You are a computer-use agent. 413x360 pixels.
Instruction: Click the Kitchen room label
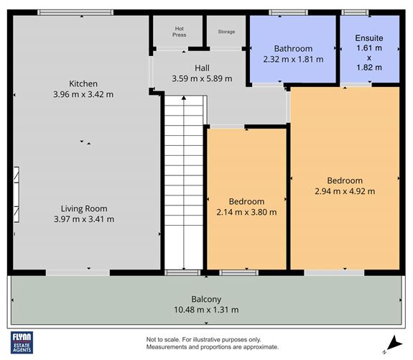click(83, 83)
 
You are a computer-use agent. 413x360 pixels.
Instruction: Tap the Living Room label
click(85, 208)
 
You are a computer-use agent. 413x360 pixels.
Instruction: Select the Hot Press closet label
click(179, 32)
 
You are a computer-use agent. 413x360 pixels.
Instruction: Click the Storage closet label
click(226, 32)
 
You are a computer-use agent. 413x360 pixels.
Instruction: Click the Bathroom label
click(292, 48)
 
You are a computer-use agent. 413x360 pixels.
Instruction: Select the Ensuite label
click(370, 37)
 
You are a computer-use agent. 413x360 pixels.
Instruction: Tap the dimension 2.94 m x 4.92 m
click(345, 191)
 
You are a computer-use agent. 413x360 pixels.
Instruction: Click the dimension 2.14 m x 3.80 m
click(246, 212)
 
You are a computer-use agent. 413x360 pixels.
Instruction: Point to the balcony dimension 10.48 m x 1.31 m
click(205, 310)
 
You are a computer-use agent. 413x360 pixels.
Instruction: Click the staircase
click(182, 183)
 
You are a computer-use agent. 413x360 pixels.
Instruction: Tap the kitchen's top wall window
click(75, 11)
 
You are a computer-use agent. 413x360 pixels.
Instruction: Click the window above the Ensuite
click(353, 11)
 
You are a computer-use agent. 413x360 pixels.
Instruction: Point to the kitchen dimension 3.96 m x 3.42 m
click(83, 94)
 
